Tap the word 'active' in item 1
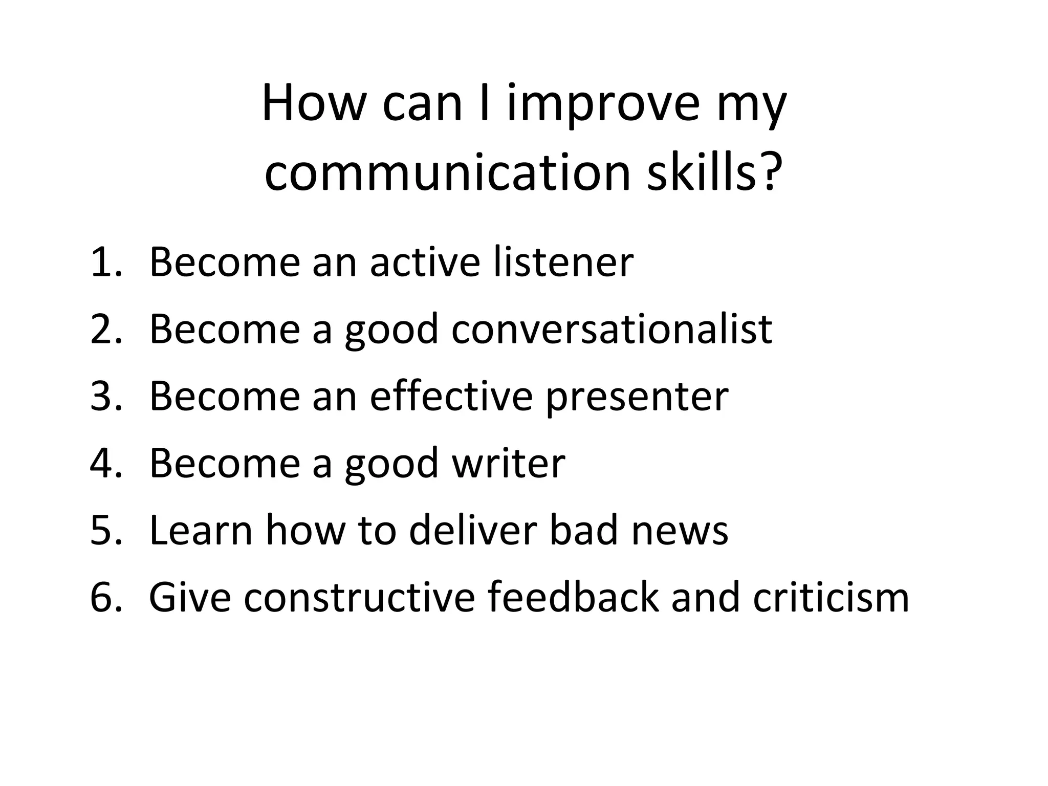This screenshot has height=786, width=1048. point(425,262)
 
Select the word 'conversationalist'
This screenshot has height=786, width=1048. point(612,329)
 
